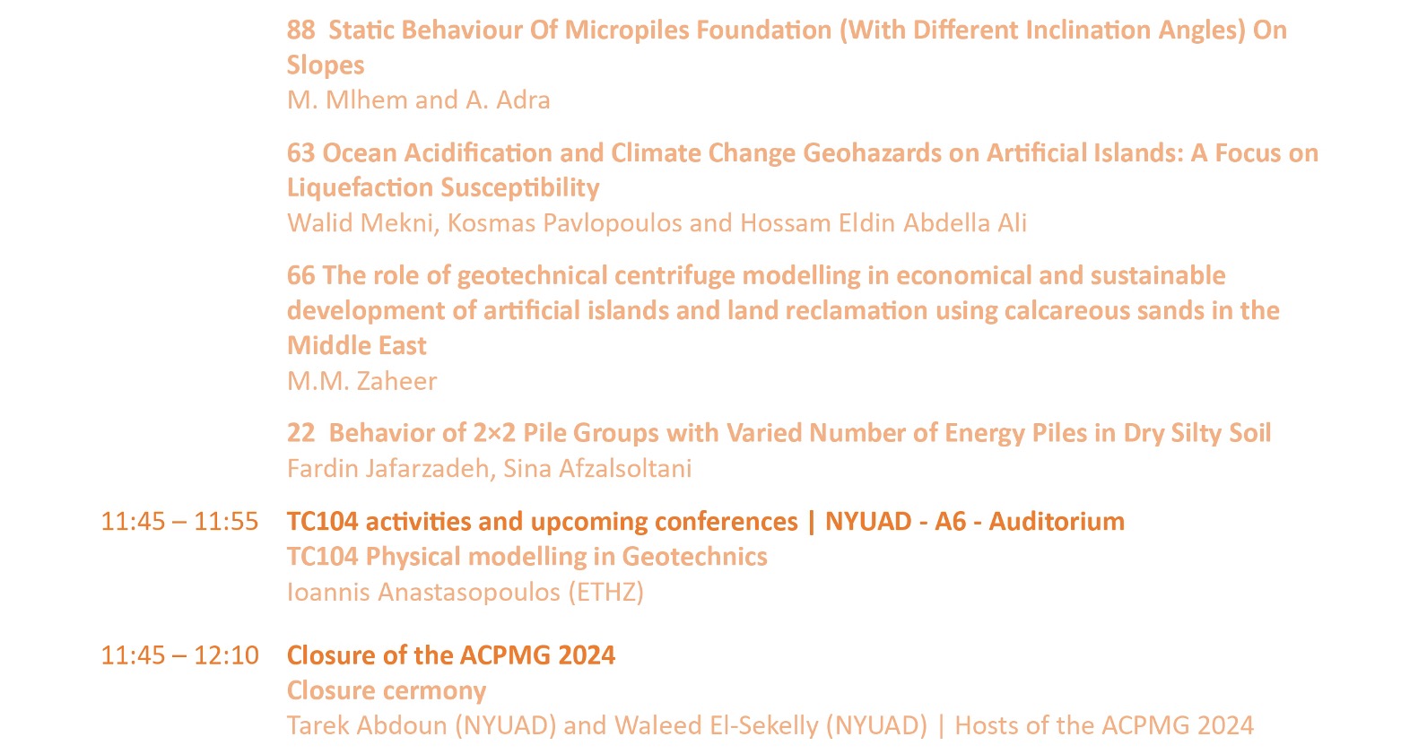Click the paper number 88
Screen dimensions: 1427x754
tap(300, 30)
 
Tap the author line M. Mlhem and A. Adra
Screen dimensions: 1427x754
tap(419, 100)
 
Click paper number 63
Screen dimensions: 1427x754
tap(300, 152)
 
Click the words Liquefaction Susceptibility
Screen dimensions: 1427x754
tap(443, 188)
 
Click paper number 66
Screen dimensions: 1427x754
tap(300, 276)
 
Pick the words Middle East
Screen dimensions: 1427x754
tap(357, 346)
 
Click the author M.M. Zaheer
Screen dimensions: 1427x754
tap(361, 381)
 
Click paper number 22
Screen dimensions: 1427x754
tap(300, 433)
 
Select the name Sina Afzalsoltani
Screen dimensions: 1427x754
tap(597, 469)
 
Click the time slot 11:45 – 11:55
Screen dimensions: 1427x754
tap(179, 522)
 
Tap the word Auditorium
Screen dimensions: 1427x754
tap(1057, 522)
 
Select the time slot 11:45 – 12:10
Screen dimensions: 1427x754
tap(179, 655)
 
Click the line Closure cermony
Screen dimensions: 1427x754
tap(387, 691)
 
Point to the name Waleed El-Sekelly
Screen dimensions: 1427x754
tap(716, 726)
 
